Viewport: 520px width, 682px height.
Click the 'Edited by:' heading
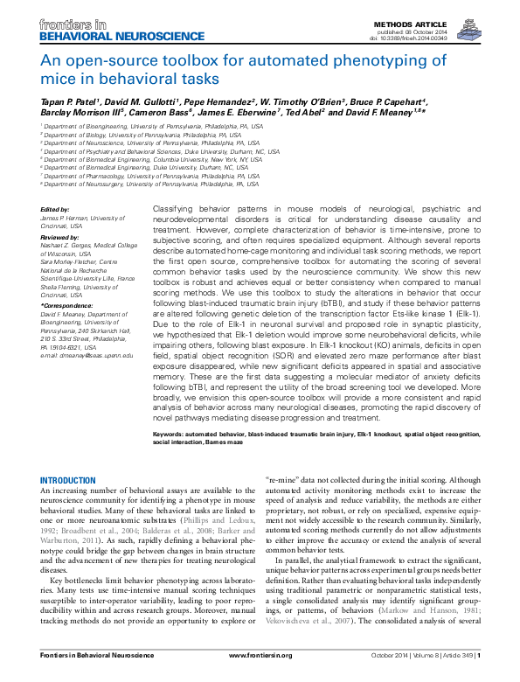(57, 209)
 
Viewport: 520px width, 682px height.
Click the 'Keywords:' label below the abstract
(171, 434)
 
